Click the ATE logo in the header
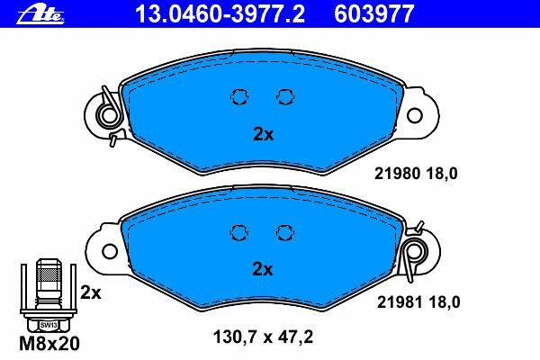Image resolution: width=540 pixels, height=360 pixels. [x=40, y=14]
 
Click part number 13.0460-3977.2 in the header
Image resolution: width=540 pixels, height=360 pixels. [x=220, y=13]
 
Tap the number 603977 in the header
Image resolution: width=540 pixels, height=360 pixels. [x=374, y=13]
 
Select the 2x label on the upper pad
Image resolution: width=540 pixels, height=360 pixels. [x=263, y=134]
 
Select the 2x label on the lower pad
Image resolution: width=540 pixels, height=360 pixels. [x=263, y=269]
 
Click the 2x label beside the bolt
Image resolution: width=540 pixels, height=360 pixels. [x=91, y=292]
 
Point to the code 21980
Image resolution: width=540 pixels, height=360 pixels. [x=397, y=174]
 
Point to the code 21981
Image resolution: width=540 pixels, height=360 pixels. [x=400, y=302]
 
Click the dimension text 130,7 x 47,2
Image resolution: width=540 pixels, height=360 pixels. [x=263, y=337]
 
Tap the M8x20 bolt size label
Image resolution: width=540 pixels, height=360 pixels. [x=49, y=344]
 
